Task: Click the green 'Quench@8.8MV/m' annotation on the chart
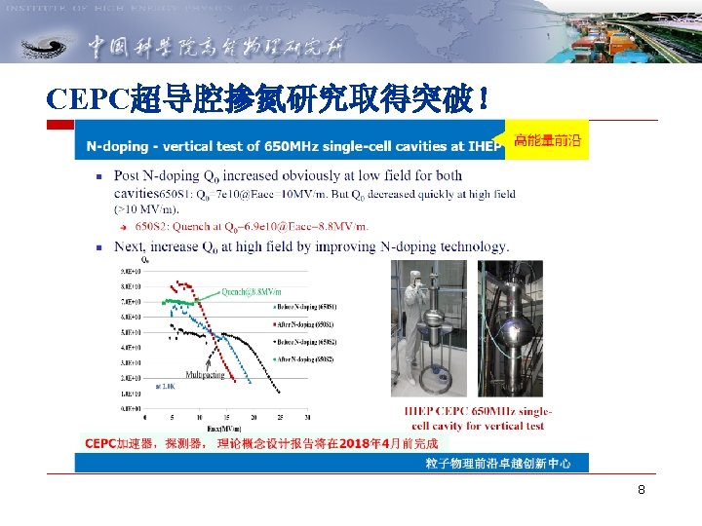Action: pyautogui.click(x=252, y=291)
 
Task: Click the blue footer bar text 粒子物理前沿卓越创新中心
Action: pyautogui.click(x=497, y=463)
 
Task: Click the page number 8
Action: pyautogui.click(x=641, y=490)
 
